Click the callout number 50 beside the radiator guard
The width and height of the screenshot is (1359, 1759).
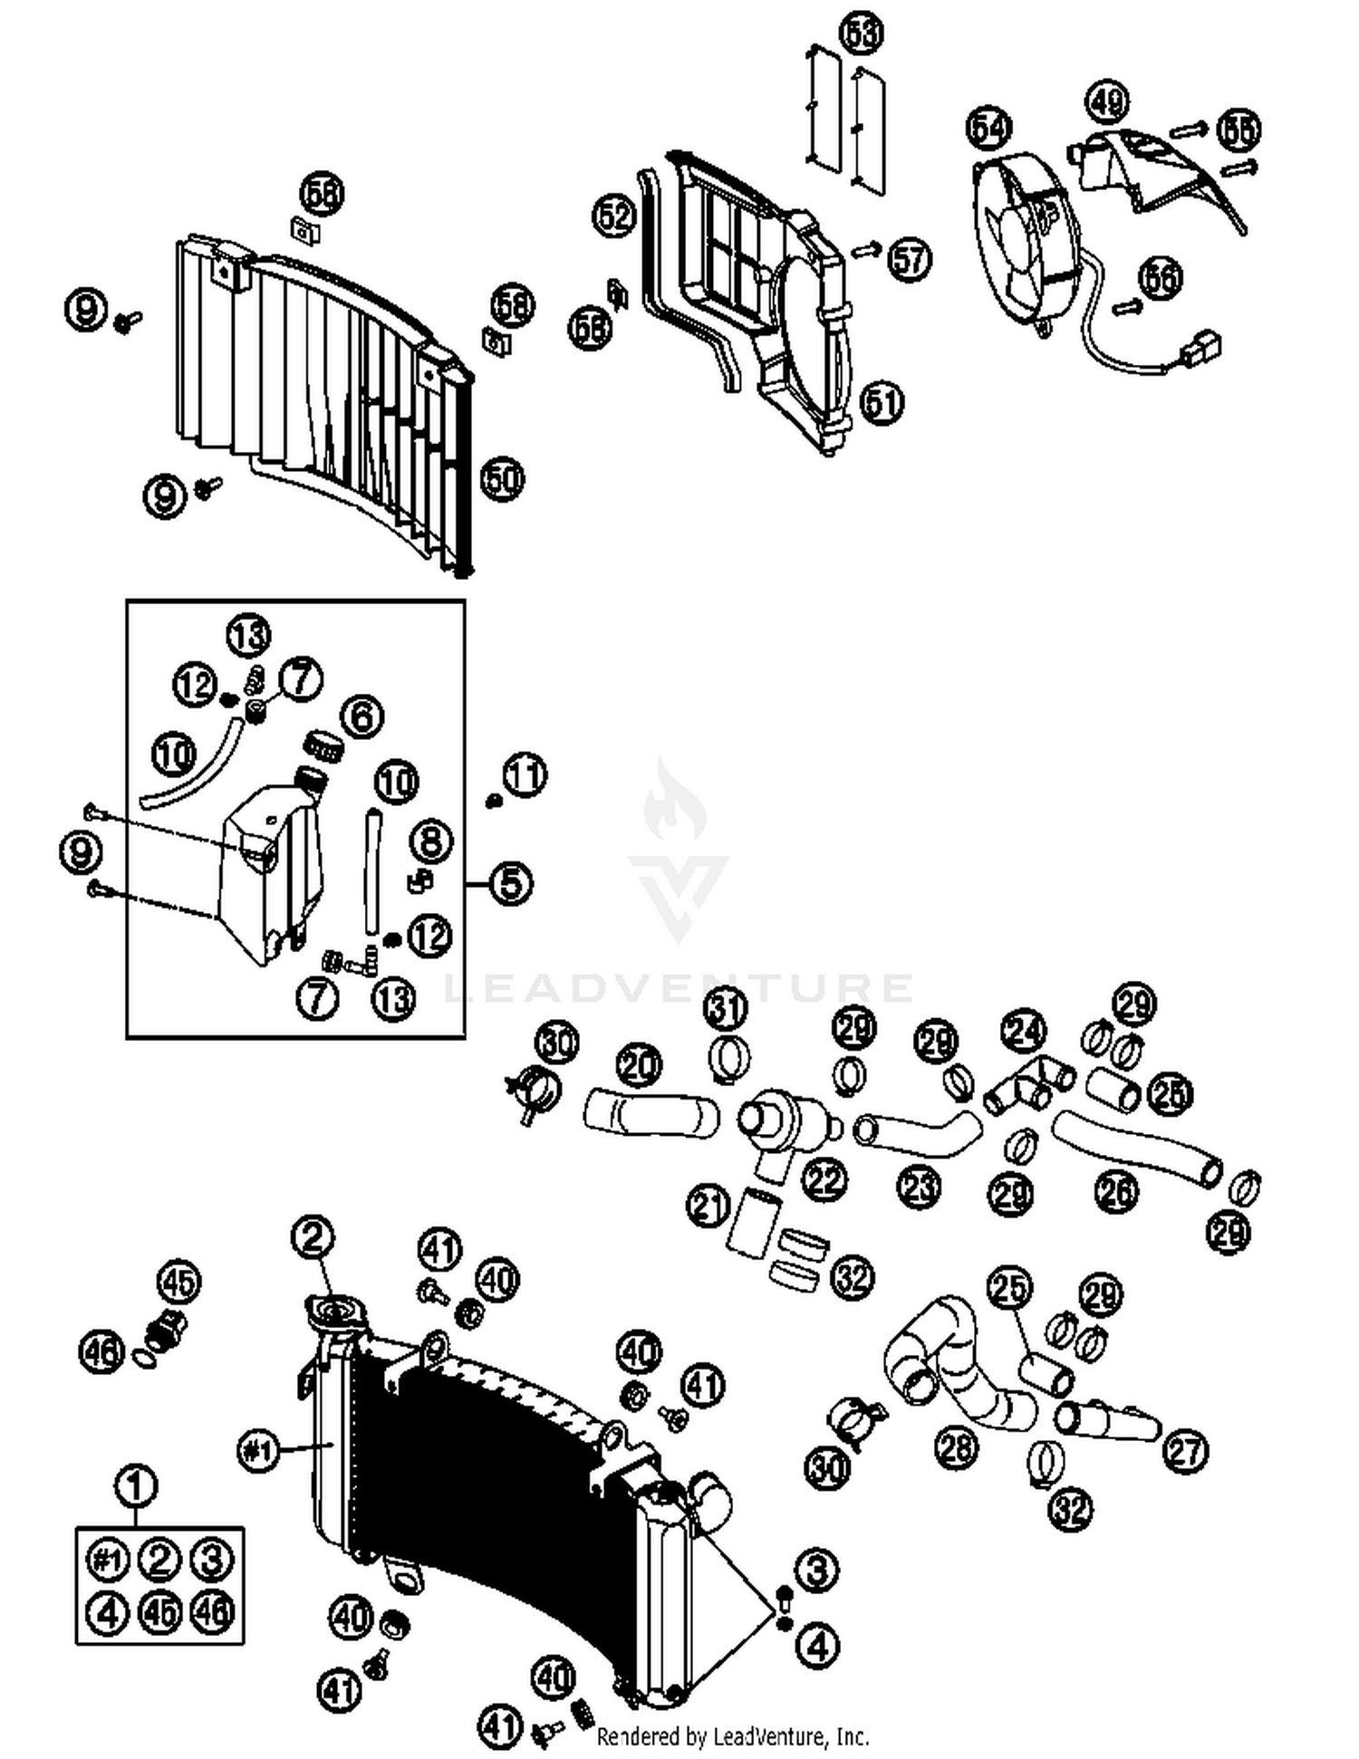503,478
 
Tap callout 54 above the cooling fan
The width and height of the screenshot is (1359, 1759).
988,128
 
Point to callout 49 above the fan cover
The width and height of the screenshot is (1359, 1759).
1106,102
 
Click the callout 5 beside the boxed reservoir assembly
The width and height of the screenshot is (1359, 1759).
511,882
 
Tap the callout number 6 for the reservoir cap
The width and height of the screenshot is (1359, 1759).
361,716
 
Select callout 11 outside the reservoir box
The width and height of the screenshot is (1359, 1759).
525,775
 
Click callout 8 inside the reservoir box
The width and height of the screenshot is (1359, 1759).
431,841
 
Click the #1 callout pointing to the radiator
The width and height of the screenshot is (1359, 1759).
258,1452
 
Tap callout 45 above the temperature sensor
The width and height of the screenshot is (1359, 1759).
179,1282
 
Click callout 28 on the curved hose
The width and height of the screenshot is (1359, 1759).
957,1447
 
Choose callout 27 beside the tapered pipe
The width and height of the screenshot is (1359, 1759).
1185,1451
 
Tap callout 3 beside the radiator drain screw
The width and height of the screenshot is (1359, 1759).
816,1569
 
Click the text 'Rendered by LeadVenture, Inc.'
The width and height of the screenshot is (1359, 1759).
732,1736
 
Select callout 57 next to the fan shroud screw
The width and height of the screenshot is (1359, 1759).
909,259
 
